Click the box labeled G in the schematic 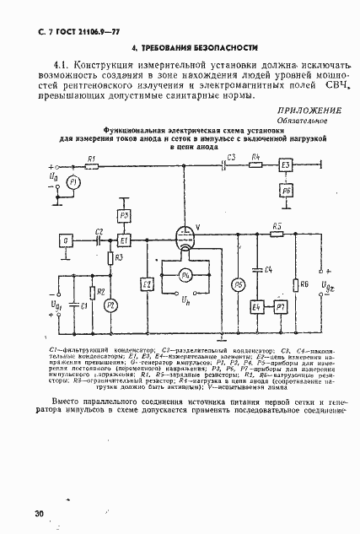65,240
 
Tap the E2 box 147,284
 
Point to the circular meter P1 73,182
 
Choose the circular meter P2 108,308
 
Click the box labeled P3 124,216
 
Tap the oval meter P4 187,275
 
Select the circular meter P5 238,285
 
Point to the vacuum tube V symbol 186,238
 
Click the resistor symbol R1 91,165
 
